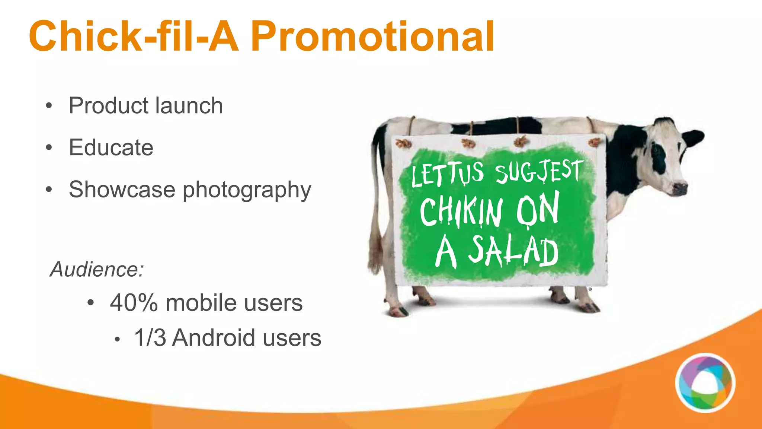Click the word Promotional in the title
(372, 36)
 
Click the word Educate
(111, 147)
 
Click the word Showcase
(122, 190)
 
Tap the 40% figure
(134, 302)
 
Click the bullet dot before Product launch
(49, 106)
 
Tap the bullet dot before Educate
(49, 148)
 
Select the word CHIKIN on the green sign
(461, 211)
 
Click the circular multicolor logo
(705, 383)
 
